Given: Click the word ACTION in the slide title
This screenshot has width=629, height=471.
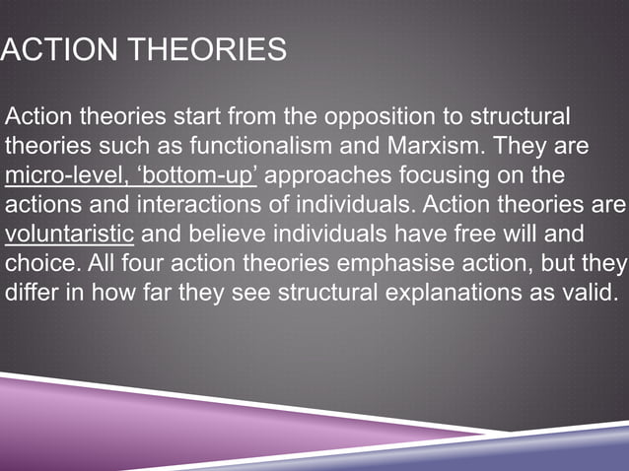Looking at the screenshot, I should (59, 48).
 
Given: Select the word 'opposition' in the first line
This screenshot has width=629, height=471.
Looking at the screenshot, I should (388, 116).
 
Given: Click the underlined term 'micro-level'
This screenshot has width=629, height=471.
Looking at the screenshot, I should (59, 176).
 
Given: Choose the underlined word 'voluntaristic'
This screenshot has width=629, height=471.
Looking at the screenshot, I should (69, 236).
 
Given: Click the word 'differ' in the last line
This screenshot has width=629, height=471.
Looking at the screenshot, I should (31, 297).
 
